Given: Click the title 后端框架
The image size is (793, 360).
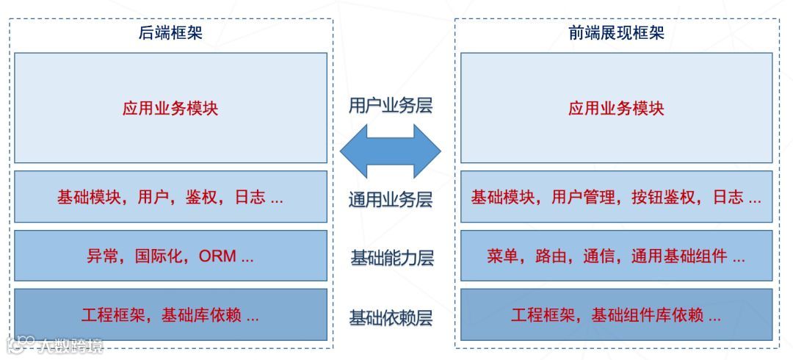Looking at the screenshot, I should coord(170,33).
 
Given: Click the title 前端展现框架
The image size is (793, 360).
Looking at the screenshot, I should coord(616,33).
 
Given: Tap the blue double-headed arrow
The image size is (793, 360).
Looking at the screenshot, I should coord(390,151).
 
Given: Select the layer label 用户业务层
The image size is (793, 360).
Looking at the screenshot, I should coord(390,105).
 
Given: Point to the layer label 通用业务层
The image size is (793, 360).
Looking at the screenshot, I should coord(390,200).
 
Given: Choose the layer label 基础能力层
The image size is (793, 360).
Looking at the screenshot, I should coord(391,258).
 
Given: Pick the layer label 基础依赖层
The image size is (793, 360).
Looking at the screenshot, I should coord(390,317).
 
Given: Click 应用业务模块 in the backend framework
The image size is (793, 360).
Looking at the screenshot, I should coord(170,109).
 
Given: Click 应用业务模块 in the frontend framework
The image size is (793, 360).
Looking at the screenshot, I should coord(616,109).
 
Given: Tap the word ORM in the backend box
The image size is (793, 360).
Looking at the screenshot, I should coord(217,257).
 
